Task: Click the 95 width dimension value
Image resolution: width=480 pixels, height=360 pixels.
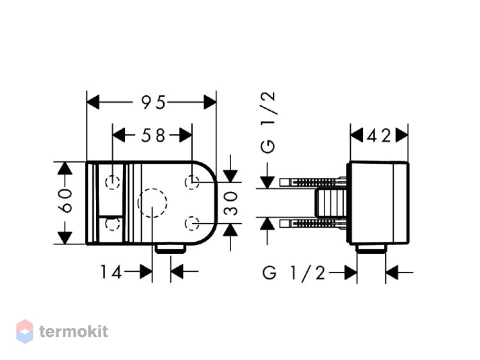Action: coord(153,102)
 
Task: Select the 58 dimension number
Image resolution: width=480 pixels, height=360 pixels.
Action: coord(153,135)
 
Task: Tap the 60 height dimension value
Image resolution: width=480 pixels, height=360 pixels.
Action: coord(65,201)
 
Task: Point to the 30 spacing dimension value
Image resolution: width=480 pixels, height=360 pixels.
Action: coord(231,203)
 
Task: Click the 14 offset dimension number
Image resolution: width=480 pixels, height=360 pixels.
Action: coord(111,272)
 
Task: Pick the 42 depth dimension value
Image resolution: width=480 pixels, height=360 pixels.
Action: coord(379,136)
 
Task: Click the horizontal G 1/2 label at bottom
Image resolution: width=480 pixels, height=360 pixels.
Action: coord(294,272)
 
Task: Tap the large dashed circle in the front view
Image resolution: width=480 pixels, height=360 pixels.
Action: coord(152,203)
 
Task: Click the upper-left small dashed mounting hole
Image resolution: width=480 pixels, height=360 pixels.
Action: coord(113,183)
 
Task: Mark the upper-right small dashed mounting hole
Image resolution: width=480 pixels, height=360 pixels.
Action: coord(192,182)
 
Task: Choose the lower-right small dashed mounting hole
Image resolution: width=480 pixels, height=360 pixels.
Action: coord(192,223)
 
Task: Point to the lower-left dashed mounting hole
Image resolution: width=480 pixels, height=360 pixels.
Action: coord(113,224)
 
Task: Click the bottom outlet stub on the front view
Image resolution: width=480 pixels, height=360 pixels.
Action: coord(170,249)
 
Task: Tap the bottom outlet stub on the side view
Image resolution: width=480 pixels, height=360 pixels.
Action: coord(371,249)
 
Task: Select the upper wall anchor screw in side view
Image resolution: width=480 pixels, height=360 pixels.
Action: coord(313,183)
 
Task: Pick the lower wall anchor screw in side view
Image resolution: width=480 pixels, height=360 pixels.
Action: coord(313,224)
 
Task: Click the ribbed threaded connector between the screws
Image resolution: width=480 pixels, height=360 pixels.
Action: coord(331,203)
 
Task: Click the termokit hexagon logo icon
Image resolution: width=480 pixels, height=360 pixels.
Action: coord(25,332)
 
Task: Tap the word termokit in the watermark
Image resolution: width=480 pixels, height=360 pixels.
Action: coord(74,332)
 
